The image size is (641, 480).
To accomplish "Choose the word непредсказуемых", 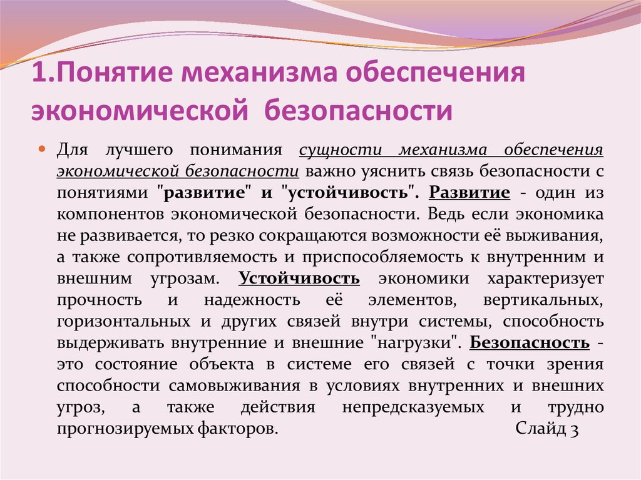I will pyautogui.click(x=413, y=407).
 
